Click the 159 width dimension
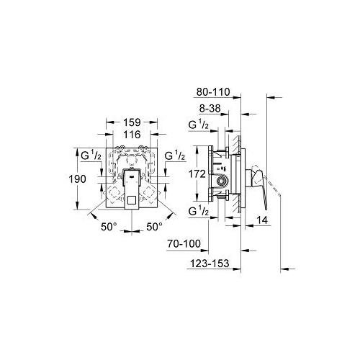point(130,122)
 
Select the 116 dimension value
point(130,135)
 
